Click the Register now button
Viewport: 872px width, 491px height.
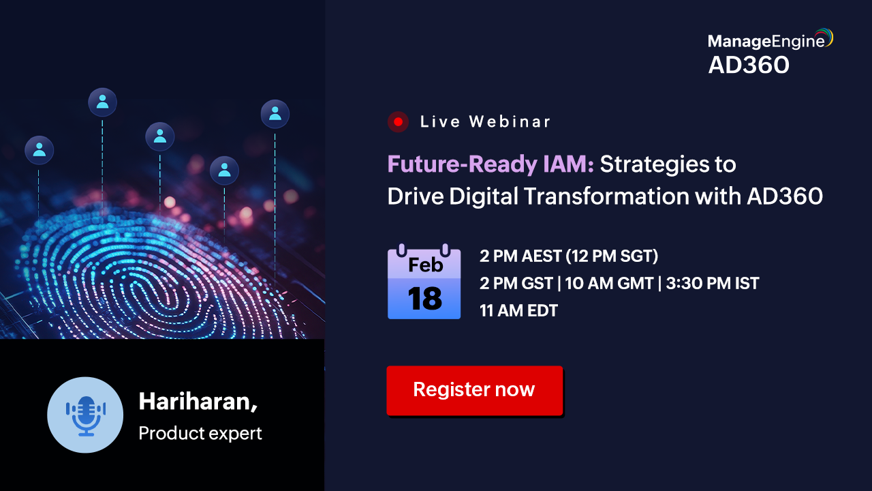(x=475, y=391)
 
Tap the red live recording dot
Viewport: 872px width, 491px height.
(x=398, y=122)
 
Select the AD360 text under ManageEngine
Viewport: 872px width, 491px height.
(x=749, y=65)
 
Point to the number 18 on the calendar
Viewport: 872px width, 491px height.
(x=424, y=299)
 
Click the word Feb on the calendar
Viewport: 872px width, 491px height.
(x=426, y=265)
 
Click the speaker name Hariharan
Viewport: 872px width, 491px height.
(x=198, y=402)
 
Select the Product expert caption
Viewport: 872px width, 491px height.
(x=200, y=433)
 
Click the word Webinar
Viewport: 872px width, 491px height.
(x=510, y=121)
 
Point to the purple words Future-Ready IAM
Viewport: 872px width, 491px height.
(x=490, y=164)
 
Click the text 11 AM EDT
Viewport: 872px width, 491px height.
(x=518, y=310)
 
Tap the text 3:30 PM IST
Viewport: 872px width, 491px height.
(x=713, y=283)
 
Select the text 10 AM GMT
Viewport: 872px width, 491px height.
(x=609, y=283)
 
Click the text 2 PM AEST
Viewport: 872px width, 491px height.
(x=520, y=256)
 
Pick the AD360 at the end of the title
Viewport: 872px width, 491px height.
(x=785, y=196)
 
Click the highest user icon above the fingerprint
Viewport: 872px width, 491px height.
(x=102, y=102)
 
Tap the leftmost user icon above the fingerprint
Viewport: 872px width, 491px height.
(x=40, y=150)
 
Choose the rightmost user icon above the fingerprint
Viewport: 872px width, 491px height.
(x=275, y=114)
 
